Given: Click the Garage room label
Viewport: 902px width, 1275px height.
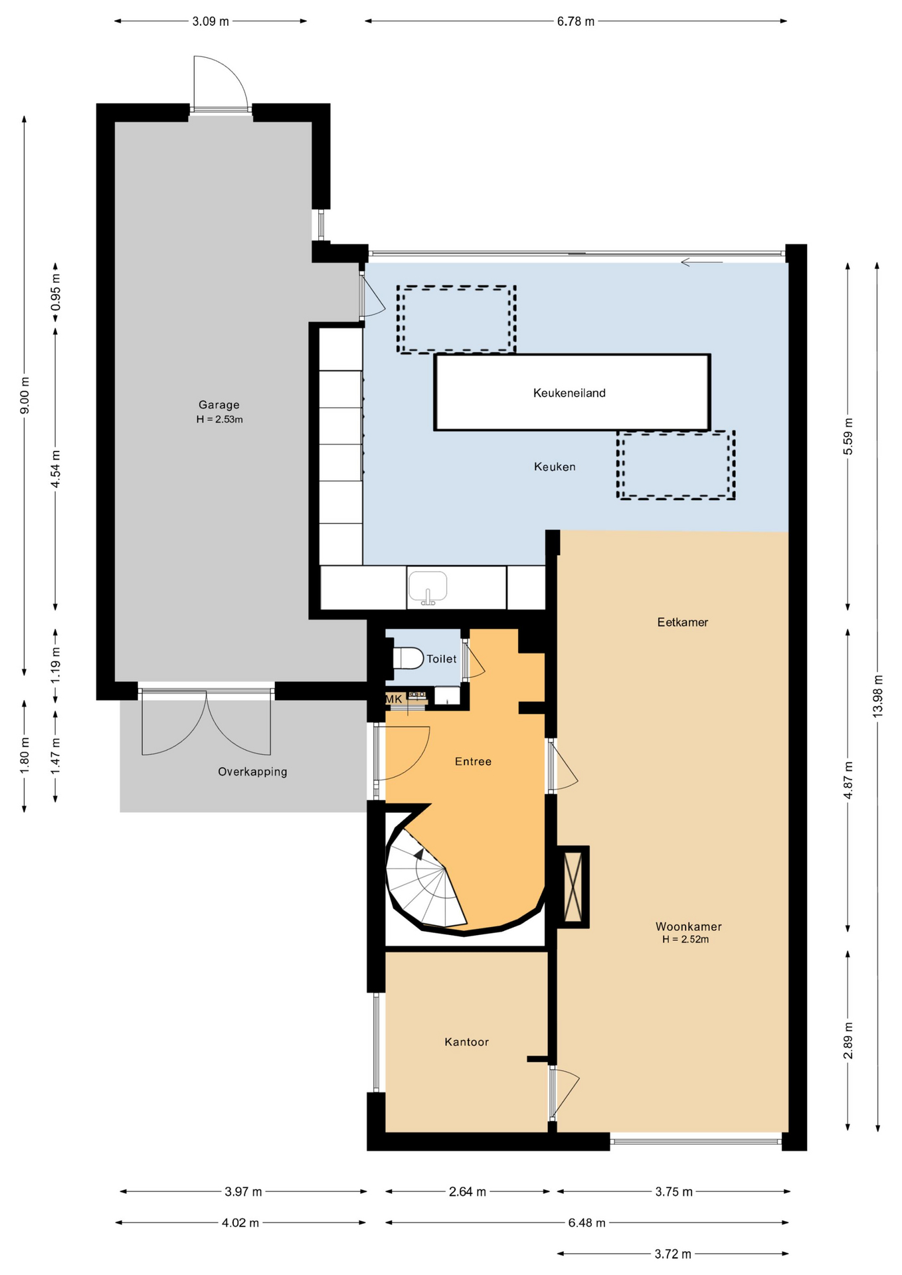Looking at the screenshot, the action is pos(219,404).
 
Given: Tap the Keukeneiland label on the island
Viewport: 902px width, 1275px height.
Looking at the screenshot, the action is pos(569,393).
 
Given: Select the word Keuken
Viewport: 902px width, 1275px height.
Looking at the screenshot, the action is pos(555,467).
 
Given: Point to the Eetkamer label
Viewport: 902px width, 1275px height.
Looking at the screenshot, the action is pos(683,622).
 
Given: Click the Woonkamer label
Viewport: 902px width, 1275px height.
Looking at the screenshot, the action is pos(688,926).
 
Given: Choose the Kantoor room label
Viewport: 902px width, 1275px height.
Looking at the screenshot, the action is pos(467,1042).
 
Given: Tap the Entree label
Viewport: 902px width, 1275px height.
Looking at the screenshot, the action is pos(473,762).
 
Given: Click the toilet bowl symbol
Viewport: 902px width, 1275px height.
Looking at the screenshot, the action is pos(408,659).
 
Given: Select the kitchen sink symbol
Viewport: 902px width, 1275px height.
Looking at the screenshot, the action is pos(428,588).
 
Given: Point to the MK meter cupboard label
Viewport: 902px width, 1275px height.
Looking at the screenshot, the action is pos(394,699).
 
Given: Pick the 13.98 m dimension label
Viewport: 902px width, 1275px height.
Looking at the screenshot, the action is pos(878,696).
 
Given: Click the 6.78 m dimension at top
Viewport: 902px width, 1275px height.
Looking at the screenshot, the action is pos(576,21).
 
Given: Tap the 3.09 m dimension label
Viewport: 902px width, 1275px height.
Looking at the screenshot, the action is pos(211,21).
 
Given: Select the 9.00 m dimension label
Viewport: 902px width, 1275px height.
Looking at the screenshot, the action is pos(25,396).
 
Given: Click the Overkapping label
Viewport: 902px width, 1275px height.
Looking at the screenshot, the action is pos(252,772).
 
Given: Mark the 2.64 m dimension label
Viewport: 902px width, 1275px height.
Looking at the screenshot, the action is pos(468,1191).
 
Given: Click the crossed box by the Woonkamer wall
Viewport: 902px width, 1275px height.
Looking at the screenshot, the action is pos(573,887).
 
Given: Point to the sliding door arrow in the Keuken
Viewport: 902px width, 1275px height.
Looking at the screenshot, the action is pos(701,262).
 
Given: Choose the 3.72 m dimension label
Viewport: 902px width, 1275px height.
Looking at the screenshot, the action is pos(673,1254).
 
